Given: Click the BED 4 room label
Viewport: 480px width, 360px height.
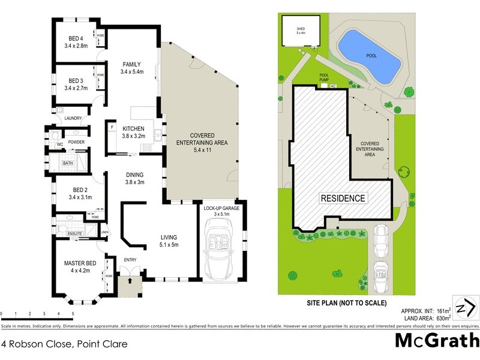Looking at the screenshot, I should click(x=76, y=40).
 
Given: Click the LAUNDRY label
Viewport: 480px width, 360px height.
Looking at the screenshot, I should click(x=73, y=118).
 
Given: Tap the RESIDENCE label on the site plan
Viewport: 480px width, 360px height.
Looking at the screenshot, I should click(x=342, y=197).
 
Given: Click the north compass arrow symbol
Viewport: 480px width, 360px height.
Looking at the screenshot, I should click(x=466, y=308).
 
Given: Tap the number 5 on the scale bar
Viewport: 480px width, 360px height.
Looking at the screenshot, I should click(x=73, y=314).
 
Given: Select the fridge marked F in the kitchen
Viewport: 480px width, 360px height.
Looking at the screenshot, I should click(x=112, y=127).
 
